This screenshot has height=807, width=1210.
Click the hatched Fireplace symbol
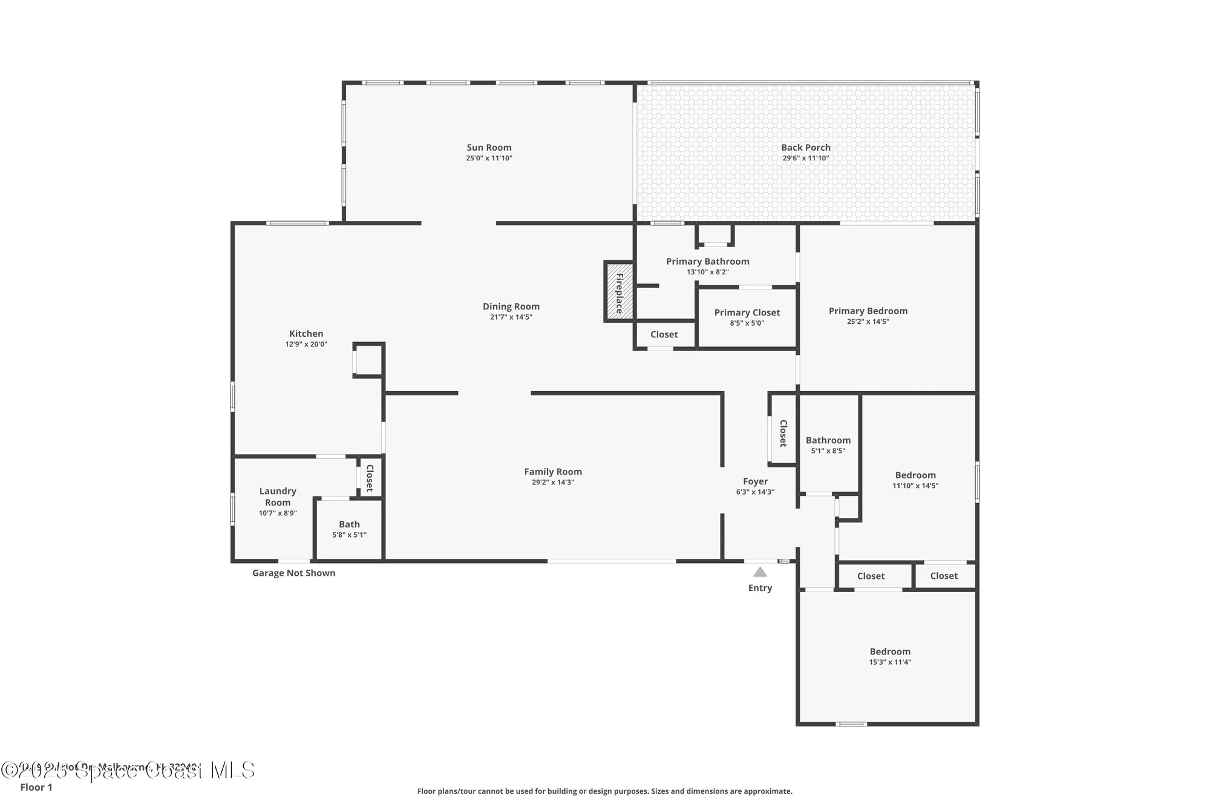619,292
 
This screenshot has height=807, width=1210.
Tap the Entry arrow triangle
760,572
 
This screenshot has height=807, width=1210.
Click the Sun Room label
489,147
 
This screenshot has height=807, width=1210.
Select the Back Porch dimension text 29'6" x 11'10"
805,158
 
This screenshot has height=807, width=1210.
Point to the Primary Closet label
747,312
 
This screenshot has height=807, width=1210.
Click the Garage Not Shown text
293,573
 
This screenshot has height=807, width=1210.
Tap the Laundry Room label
278,496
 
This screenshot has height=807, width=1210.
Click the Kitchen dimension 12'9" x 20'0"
306,344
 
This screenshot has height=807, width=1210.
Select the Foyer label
755,481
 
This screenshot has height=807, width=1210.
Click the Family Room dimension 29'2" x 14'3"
552,483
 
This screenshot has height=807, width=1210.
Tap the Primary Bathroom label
707,261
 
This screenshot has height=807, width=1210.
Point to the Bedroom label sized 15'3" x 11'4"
890,651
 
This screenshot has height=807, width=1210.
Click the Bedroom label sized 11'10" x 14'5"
915,475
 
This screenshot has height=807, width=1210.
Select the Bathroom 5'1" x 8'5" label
828,440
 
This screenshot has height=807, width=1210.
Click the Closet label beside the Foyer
783,433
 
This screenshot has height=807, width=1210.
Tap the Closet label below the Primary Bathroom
664,334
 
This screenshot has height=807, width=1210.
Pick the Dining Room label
511,306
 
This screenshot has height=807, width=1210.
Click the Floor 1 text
36,787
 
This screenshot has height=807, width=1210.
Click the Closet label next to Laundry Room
370,478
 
